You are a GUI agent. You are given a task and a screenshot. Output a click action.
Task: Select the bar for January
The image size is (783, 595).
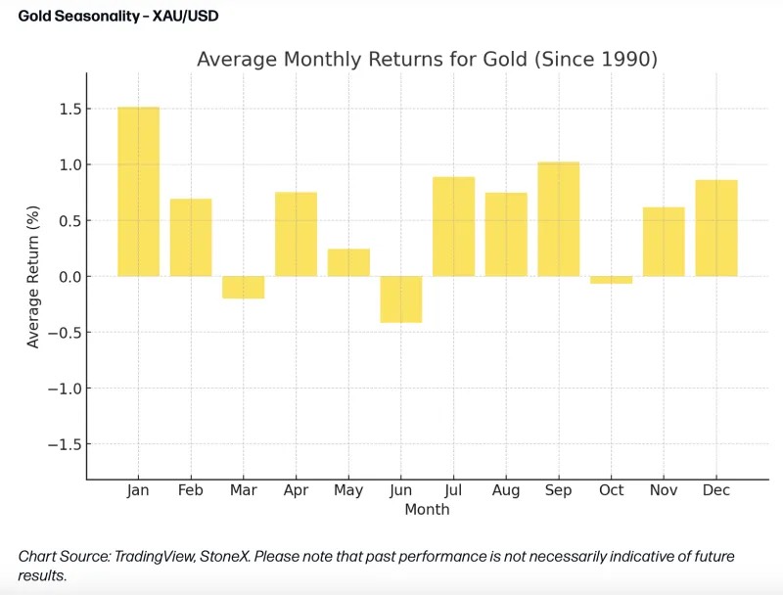tap(138, 192)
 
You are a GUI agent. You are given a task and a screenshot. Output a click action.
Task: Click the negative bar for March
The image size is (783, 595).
tap(243, 287)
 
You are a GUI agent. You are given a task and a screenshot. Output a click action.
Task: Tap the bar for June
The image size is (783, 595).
tap(400, 298)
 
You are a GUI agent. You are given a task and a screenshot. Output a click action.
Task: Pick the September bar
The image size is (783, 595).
tap(558, 219)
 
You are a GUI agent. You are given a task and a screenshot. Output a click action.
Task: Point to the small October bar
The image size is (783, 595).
tap(611, 280)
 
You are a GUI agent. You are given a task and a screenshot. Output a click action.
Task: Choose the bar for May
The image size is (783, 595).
tap(348, 262)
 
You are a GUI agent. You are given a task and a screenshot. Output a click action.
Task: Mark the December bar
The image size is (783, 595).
tap(715, 228)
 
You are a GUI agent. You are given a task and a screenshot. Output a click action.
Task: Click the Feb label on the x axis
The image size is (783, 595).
tap(190, 490)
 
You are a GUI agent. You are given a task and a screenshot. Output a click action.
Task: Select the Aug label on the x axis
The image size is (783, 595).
tap(505, 490)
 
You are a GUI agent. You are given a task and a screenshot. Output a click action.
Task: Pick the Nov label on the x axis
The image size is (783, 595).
tap(663, 490)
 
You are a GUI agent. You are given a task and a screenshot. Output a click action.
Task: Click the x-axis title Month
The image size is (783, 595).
tap(427, 510)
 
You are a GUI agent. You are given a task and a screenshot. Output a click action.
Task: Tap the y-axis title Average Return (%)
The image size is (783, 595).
tap(34, 276)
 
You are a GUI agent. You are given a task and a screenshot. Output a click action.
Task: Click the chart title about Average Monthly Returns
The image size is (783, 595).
tap(427, 59)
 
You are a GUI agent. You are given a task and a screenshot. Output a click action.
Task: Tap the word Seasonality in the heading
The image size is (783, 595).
tap(88, 17)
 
